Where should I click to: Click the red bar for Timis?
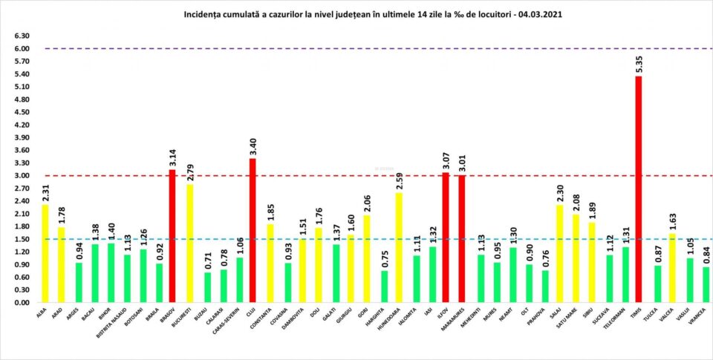point(638,189)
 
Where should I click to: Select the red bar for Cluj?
point(253,230)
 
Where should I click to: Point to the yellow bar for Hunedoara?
point(399,248)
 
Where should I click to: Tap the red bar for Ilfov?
point(446,238)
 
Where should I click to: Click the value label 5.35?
point(638,65)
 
